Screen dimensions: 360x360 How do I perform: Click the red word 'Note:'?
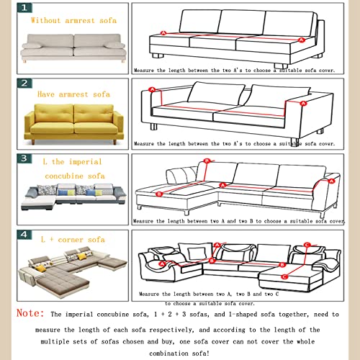pyautogui.click(x=30, y=314)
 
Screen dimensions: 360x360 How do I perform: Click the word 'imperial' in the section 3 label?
pyautogui.click(x=84, y=162)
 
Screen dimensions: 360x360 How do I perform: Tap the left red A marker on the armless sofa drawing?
pyautogui.click(x=163, y=33)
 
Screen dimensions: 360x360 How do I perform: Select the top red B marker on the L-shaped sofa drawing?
pyautogui.click(x=207, y=161)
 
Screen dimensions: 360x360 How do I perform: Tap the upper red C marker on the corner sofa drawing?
pyautogui.click(x=307, y=245)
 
